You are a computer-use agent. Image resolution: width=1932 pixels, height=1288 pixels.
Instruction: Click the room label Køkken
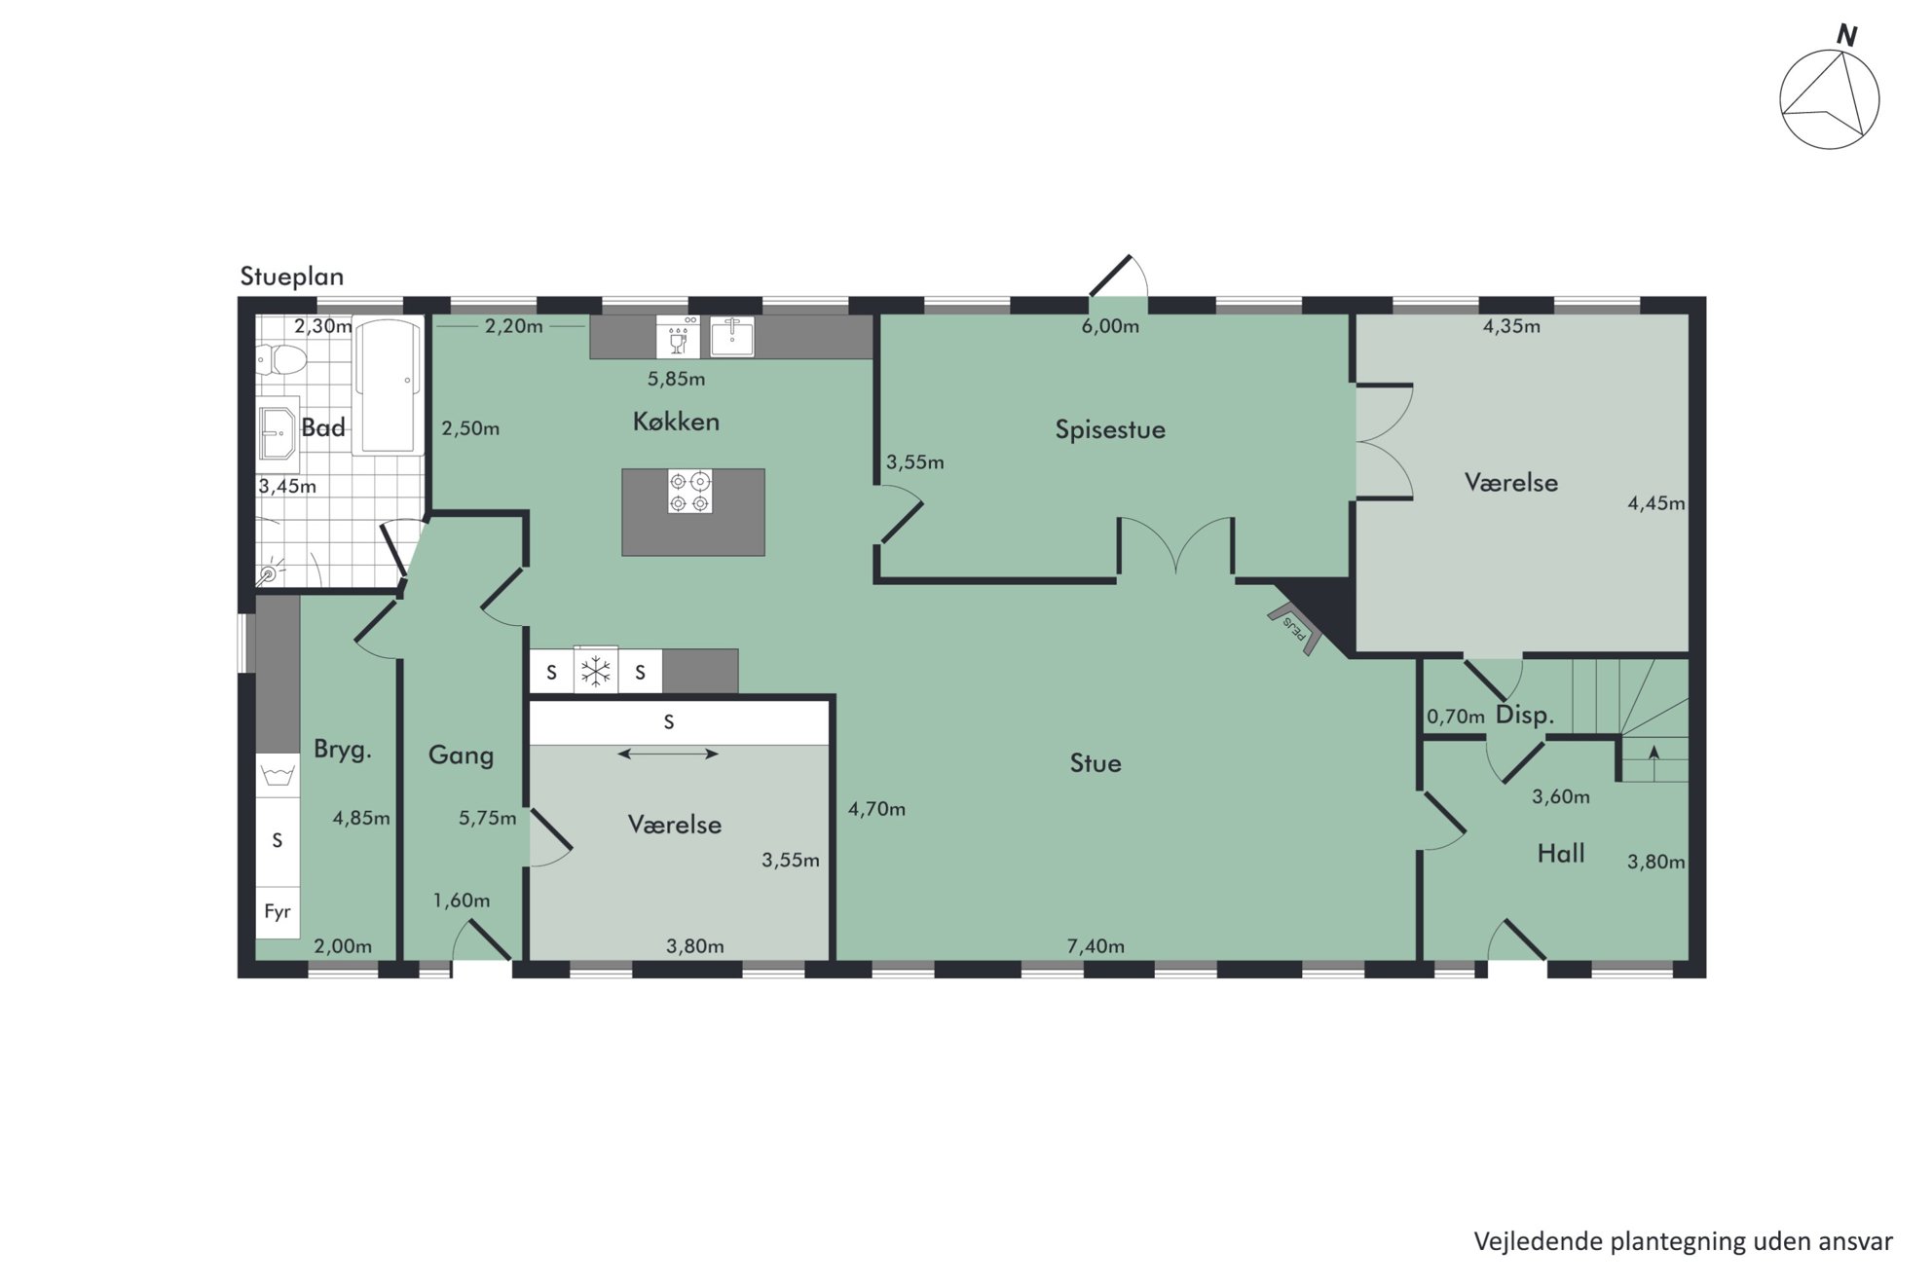pyautogui.click(x=676, y=422)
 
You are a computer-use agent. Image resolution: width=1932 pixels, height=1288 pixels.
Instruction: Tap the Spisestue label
pyautogui.click(x=1110, y=429)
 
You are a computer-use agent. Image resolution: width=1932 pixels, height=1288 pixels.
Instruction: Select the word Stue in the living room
pyautogui.click(x=1096, y=763)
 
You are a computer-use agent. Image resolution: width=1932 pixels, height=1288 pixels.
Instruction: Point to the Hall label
pyautogui.click(x=1561, y=854)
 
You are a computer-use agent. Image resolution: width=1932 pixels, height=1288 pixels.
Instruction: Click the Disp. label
pyautogui.click(x=1525, y=716)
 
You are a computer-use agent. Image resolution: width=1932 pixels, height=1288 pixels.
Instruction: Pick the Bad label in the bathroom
pyautogui.click(x=323, y=427)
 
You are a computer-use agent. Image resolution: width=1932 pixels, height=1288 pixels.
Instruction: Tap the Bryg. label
pyautogui.click(x=343, y=751)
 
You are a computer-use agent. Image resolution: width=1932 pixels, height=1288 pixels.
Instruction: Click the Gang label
pyautogui.click(x=461, y=755)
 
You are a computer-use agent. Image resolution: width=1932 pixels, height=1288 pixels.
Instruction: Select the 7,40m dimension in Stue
pyautogui.click(x=1096, y=946)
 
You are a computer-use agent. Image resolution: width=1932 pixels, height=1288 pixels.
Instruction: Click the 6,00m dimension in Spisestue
pyautogui.click(x=1110, y=327)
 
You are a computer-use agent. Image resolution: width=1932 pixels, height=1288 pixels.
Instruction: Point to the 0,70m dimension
pyautogui.click(x=1456, y=718)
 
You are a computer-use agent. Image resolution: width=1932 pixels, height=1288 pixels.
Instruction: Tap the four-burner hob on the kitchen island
pyautogui.click(x=689, y=492)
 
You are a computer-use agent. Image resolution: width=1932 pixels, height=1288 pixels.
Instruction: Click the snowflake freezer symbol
pyautogui.click(x=595, y=671)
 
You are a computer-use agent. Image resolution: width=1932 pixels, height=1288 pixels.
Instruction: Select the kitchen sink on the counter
pyautogui.click(x=732, y=336)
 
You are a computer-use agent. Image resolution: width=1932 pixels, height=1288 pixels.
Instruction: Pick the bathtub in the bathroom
pyautogui.click(x=389, y=386)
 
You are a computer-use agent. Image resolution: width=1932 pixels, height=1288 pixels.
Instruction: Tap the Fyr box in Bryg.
pyautogui.click(x=278, y=912)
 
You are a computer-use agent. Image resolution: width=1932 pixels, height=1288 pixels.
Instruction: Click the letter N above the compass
pyautogui.click(x=1846, y=36)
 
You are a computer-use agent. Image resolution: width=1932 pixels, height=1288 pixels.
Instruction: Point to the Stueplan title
pyautogui.click(x=292, y=276)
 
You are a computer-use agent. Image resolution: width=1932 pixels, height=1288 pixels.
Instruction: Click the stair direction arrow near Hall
pyautogui.click(x=1653, y=753)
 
